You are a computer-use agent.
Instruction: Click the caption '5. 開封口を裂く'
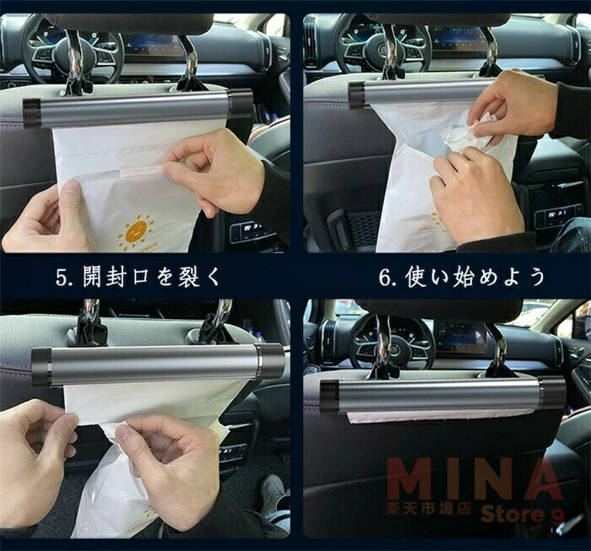pos(138,278)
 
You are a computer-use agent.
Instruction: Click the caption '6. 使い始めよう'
pos(462,278)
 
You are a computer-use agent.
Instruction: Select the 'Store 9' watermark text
pos(523,515)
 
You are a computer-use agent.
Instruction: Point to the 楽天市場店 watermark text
pos(429,510)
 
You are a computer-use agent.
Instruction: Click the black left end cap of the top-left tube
pos(32,112)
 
